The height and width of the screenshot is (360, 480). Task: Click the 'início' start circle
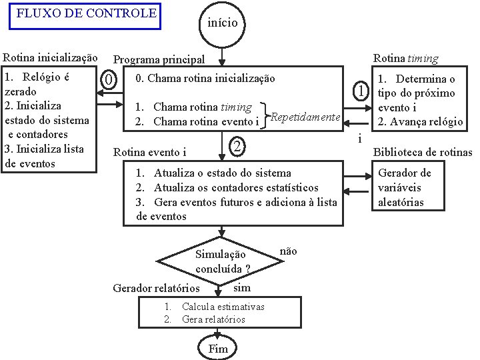pos(223,23)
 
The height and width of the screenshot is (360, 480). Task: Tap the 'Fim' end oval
pos(218,349)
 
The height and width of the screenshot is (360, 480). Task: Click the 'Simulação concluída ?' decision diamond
pos(221,261)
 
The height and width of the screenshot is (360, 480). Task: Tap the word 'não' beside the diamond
pos(288,251)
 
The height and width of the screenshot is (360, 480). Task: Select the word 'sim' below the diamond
pos(242,288)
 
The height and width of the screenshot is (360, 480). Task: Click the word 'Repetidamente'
pos(304,117)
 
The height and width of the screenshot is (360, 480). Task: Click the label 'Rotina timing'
pos(405,59)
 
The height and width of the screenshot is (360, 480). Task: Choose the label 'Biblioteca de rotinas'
pos(422,152)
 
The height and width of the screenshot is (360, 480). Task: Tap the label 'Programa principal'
pos(159,60)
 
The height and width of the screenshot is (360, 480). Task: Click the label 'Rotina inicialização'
pos(51,59)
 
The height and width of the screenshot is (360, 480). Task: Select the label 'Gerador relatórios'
pos(157,289)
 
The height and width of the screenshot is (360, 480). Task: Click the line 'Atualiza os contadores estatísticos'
pos(236,188)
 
